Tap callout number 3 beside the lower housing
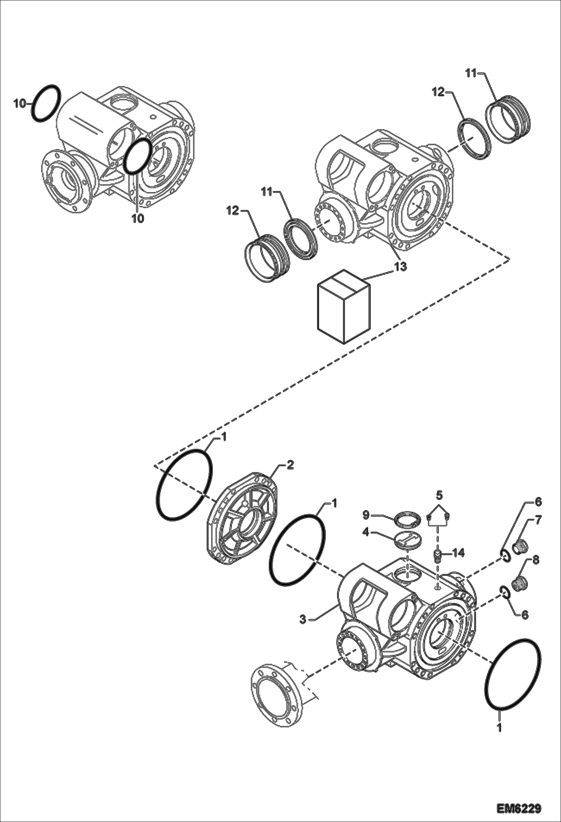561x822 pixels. tap(303, 619)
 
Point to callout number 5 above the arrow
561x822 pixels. tap(439, 495)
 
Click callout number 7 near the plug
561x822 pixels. tap(538, 520)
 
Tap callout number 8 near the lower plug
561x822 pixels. tap(536, 560)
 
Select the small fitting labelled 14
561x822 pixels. tap(437, 556)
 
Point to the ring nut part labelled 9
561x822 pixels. tap(407, 520)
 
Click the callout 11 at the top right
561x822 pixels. tap(471, 74)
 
